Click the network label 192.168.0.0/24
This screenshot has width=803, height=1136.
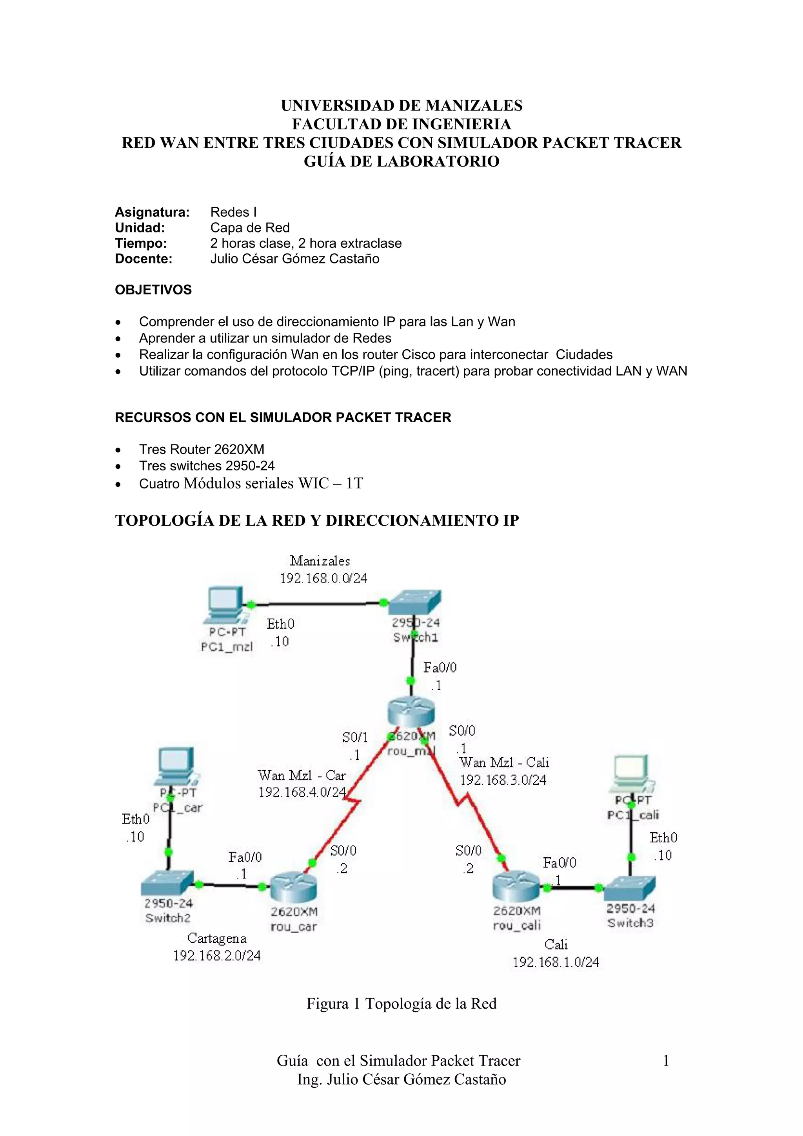click(x=323, y=579)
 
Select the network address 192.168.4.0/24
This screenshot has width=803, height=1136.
click(x=302, y=792)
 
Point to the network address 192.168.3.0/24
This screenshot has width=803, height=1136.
click(x=503, y=780)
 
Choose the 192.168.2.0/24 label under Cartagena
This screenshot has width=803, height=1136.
click(x=217, y=955)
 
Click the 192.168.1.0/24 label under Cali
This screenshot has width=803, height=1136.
click(x=556, y=962)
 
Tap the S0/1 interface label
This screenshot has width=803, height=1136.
click(x=355, y=737)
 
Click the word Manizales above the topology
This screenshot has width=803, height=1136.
click(x=320, y=561)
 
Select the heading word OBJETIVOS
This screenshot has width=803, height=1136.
click(x=153, y=290)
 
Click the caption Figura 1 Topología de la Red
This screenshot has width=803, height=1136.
click(x=401, y=1004)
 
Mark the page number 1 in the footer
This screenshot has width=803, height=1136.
click(x=666, y=1060)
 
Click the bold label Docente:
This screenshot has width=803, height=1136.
click(x=144, y=259)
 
